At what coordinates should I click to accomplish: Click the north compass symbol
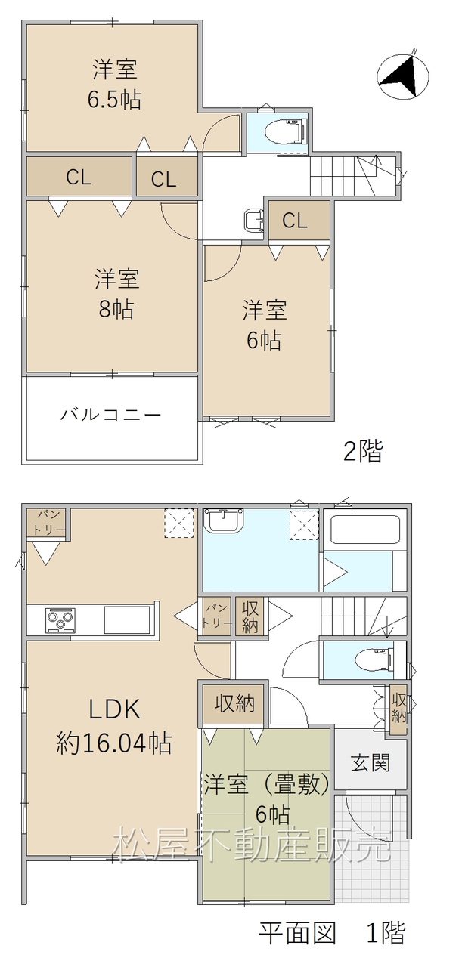coord(403,76)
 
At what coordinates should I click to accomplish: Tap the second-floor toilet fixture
coord(286,131)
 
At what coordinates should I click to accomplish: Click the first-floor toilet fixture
coord(375,660)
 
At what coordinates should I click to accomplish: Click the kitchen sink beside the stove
coord(127,619)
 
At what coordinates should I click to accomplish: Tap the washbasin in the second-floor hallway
coord(254,220)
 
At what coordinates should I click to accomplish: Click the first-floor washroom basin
coord(223,521)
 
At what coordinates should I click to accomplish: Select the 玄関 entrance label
coord(371,763)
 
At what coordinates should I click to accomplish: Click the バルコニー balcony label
coord(110,415)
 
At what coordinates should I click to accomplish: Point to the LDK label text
coord(114,709)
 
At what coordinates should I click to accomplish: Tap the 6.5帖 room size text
coord(114,100)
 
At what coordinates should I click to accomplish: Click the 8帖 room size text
coord(116,309)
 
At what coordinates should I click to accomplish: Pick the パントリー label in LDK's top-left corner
coord(47,523)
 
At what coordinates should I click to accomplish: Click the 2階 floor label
coord(363,452)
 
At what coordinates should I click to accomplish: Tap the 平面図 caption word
coord(297,932)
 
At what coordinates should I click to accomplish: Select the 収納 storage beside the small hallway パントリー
coord(250,617)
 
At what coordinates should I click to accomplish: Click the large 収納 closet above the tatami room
coord(234,704)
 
